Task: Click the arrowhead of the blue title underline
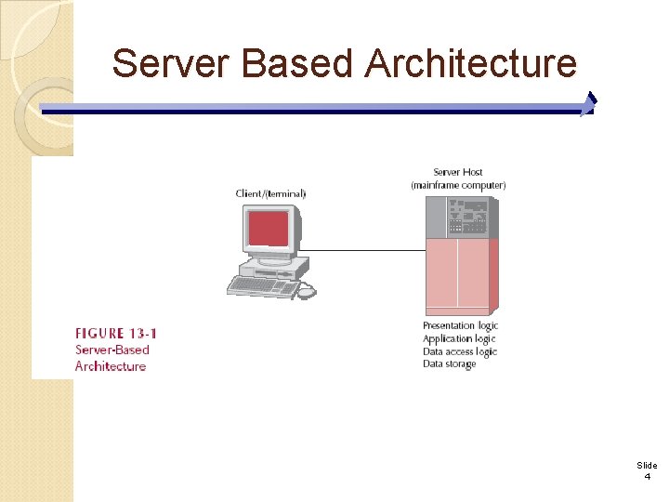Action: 588,104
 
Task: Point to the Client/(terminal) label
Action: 270,193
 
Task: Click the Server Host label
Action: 458,172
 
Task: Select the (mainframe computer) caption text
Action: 458,185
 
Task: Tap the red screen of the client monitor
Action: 269,229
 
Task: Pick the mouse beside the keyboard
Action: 307,292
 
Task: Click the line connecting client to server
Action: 362,250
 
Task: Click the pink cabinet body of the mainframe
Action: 457,274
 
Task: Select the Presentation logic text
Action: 460,325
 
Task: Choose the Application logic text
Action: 459,338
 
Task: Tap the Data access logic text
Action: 460,351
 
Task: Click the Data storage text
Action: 449,364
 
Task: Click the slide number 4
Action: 647,476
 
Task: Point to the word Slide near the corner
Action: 647,465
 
